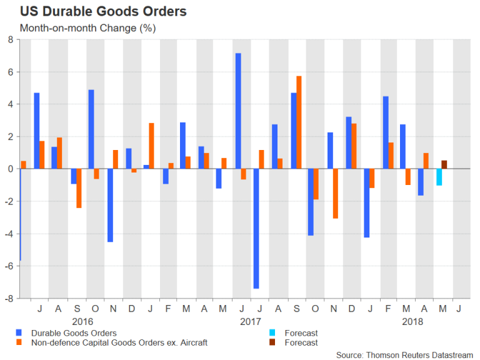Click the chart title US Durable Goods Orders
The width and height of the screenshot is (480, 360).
(103, 11)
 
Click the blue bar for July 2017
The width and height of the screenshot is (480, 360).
(256, 228)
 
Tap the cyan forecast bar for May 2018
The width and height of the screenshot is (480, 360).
(439, 177)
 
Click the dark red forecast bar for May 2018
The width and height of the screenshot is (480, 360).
(444, 164)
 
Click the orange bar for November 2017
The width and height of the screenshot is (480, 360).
(335, 193)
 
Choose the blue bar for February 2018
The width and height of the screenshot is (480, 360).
(385, 132)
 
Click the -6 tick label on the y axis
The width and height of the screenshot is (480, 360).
(8, 266)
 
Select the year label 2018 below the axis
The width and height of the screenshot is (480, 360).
(412, 321)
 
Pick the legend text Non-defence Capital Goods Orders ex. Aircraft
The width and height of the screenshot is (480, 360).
(118, 342)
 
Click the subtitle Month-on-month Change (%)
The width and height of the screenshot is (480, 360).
(87, 28)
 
